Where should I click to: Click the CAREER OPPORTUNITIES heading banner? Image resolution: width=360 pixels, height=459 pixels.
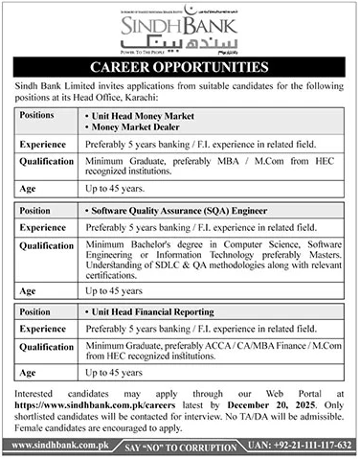point(179,68)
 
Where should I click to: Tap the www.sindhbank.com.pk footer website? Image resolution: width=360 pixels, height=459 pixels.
point(49,446)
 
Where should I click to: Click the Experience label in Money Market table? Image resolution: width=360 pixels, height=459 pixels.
point(41,145)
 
